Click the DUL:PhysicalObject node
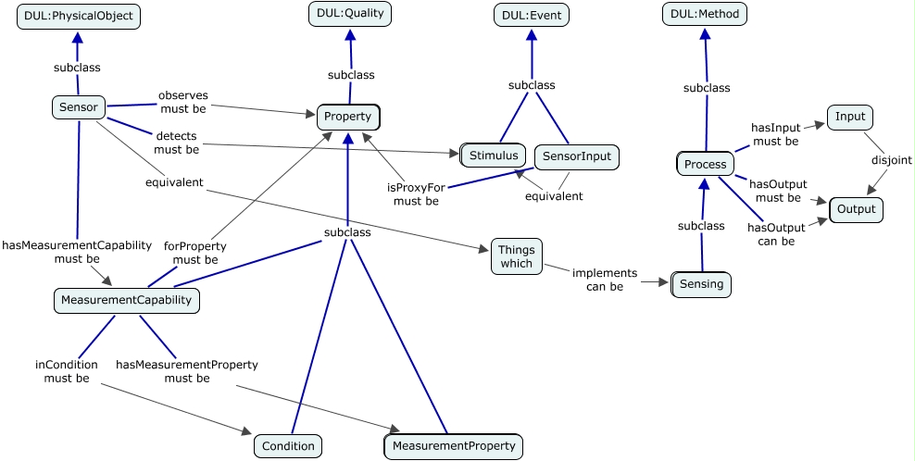(x=78, y=17)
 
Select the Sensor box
(x=78, y=106)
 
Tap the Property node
(x=348, y=117)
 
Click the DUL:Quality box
(x=350, y=14)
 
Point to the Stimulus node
(x=493, y=156)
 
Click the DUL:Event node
(x=531, y=15)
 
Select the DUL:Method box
(x=705, y=14)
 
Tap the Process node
(x=705, y=164)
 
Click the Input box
(x=849, y=117)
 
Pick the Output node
(x=856, y=209)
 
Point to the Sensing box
(x=701, y=285)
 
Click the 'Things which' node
(x=517, y=256)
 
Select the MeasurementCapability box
(x=127, y=301)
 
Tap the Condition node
(x=288, y=446)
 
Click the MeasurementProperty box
(x=454, y=446)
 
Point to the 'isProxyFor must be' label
(x=416, y=194)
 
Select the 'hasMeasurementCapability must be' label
(x=77, y=252)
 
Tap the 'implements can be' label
(x=605, y=280)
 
